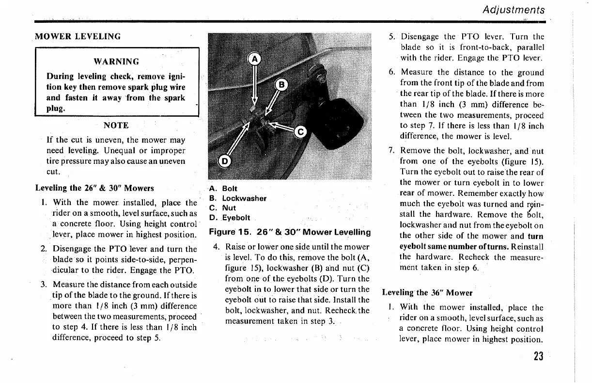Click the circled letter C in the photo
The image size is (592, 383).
coord(301,131)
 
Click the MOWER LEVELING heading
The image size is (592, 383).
coord(78,36)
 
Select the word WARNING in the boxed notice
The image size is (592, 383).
coord(116,62)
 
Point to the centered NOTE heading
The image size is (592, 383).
coord(116,126)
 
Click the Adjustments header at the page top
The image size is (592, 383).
coord(513,10)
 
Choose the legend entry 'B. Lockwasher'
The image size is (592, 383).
coord(238,198)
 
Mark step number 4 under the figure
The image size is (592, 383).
coord(216,247)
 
